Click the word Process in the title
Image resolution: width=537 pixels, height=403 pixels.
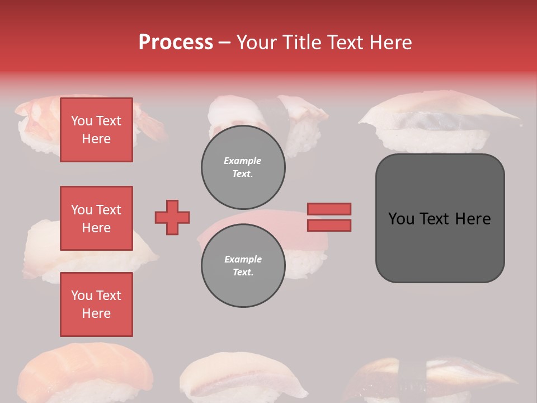click(x=176, y=43)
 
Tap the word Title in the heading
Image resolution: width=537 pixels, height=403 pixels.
click(x=301, y=43)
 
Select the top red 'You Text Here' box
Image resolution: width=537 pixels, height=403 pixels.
click(x=96, y=130)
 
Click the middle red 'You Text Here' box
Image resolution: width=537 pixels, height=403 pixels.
click(x=96, y=218)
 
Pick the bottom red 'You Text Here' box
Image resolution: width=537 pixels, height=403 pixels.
click(x=96, y=304)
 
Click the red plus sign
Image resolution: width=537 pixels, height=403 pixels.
click(x=172, y=217)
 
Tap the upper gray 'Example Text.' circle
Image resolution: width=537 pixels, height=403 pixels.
click(x=243, y=167)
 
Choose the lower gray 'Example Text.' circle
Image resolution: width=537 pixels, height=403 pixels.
click(x=243, y=266)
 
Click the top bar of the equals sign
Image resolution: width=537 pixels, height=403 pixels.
click(x=329, y=209)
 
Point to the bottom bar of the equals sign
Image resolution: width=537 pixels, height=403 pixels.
click(x=329, y=225)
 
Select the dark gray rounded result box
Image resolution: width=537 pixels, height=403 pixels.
click(x=440, y=218)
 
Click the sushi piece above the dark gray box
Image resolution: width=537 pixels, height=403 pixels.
click(x=436, y=120)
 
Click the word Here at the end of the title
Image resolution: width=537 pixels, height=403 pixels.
click(x=390, y=43)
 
